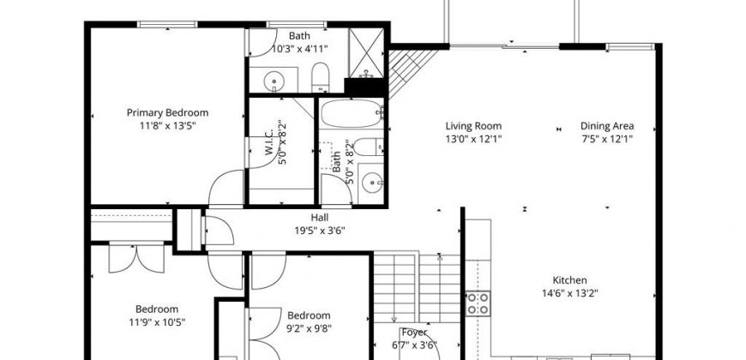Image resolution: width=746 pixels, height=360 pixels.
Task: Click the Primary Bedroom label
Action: [x=167, y=112]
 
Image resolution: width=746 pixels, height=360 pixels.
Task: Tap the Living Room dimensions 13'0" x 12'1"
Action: [x=473, y=139]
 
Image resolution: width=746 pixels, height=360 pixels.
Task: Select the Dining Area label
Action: [x=607, y=126]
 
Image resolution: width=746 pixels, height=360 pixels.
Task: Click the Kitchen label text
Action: [x=569, y=280]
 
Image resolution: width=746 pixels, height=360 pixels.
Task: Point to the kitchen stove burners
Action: [x=478, y=304]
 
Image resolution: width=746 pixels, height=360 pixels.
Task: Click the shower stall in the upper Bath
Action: [x=366, y=53]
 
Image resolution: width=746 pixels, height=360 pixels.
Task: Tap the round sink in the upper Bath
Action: [x=274, y=81]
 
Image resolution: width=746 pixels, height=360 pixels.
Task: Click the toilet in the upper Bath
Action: [x=320, y=76]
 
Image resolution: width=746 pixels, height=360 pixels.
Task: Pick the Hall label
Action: [x=320, y=218]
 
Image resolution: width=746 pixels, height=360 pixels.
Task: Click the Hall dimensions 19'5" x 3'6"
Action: [x=320, y=231]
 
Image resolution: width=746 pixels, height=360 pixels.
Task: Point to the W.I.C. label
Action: [x=268, y=142]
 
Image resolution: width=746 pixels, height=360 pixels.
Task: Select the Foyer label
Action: [x=414, y=333]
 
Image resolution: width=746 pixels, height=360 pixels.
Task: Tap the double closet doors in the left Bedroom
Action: [x=136, y=258]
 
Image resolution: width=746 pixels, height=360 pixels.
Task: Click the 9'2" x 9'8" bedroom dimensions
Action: [x=310, y=328]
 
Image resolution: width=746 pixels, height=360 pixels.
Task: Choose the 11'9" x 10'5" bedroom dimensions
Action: [x=157, y=322]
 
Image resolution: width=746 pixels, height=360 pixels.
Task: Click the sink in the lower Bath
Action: [x=372, y=183]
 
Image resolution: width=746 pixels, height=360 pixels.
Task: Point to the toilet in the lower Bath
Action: [x=369, y=147]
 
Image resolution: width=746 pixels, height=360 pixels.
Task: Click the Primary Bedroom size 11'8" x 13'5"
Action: [x=168, y=126]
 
